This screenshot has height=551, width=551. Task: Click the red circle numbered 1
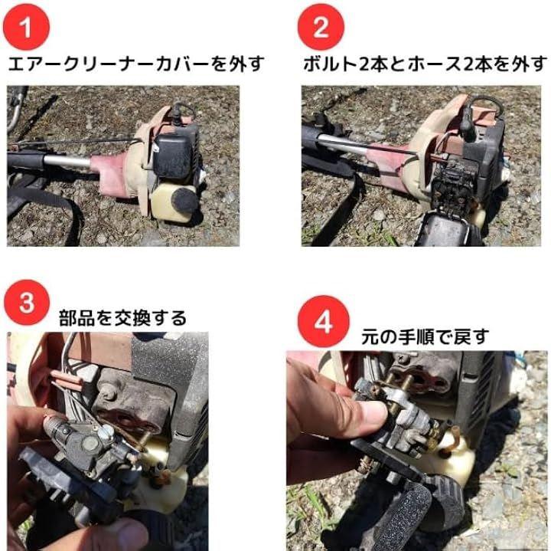pos(26,27)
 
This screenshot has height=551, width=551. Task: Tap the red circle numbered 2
pos(321,27)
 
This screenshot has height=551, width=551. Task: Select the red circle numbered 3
pos(27,303)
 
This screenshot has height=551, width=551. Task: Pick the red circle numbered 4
pos(323,321)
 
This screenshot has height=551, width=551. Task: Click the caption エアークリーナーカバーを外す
pos(136,64)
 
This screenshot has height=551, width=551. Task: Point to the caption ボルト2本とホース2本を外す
pos(425,64)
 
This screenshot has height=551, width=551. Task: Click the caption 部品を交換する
pos(122,318)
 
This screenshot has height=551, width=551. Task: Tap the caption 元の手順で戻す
pos(425,336)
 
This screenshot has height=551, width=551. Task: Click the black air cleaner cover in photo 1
pos(173,156)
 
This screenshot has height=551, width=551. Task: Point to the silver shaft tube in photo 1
pos(67,162)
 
